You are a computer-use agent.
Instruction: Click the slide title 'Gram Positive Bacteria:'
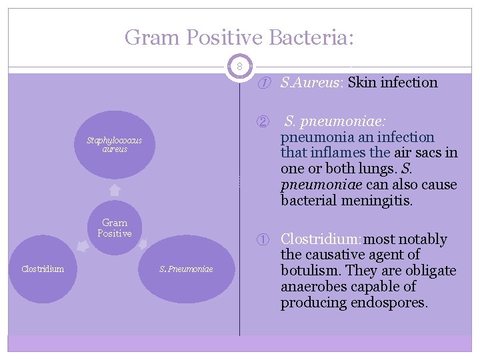tap(239, 37)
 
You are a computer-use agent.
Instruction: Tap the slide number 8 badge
tap(240, 67)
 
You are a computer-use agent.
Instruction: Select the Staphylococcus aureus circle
tap(114, 145)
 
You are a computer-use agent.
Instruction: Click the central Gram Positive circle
tap(115, 227)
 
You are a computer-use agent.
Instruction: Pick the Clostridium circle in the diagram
tap(43, 269)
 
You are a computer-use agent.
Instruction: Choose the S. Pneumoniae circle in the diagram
tap(186, 269)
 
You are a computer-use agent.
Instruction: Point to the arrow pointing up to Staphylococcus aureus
tap(115, 189)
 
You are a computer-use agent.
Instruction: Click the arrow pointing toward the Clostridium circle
tap(81, 247)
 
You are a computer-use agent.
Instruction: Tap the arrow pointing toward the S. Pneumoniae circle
tap(149, 247)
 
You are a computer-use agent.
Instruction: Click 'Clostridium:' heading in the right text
tap(321, 239)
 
